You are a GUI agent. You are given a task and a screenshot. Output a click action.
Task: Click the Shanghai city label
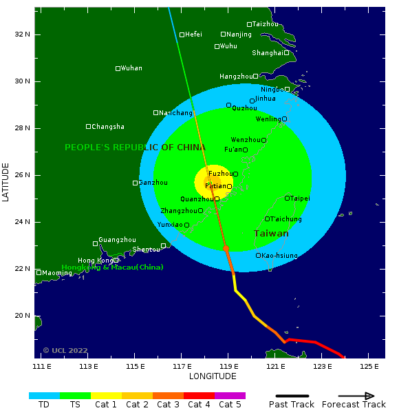tap(267, 53)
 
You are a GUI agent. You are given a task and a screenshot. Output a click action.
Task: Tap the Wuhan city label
tap(131, 68)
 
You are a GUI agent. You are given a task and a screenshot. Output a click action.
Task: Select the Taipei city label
tap(299, 199)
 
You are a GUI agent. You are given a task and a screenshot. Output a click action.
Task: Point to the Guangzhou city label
tap(117, 240)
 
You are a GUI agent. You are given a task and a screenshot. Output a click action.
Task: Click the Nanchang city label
tap(175, 113)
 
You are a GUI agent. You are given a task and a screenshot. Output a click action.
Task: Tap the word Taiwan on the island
tap(271, 234)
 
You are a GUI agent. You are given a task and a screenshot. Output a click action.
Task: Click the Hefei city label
tap(193, 34)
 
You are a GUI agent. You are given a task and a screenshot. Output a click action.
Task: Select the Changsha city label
tap(108, 127)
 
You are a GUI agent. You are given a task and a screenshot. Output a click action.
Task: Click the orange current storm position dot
tap(226, 248)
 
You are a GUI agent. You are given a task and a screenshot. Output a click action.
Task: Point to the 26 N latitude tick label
tap(23, 175)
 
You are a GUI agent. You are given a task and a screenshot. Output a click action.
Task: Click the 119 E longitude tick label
tap(228, 365)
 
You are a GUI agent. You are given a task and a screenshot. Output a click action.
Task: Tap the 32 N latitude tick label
tap(23, 34)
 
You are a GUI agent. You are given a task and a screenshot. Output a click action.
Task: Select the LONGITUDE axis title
tap(213, 376)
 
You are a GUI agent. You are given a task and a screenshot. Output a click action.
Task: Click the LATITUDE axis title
tap(6, 182)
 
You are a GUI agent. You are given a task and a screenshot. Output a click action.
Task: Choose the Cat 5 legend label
tap(230, 405)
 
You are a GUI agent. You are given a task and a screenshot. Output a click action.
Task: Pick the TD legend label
tap(44, 405)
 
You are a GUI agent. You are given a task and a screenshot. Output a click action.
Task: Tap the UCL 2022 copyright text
tap(65, 350)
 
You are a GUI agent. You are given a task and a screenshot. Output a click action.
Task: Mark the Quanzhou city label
tap(197, 199)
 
